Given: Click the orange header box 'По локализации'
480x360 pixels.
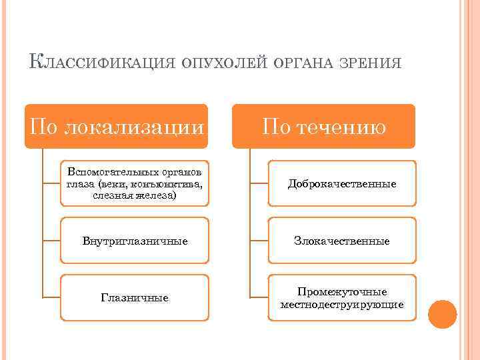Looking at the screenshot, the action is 116,126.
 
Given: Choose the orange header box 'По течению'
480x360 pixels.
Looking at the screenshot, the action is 323,126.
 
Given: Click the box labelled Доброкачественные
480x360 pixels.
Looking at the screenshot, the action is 342,183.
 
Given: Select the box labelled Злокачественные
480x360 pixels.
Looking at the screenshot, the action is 342,241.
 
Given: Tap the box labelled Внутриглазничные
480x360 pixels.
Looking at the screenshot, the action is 135,241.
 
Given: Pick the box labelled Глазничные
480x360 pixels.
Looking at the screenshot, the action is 135,297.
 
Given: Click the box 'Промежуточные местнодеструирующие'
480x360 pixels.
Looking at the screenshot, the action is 342,298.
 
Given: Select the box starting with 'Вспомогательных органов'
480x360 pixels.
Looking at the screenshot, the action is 135,183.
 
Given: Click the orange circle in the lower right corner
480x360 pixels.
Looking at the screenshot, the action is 442,314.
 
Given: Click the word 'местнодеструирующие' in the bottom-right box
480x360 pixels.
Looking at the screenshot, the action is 342,305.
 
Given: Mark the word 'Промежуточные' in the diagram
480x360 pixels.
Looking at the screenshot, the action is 342,292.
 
